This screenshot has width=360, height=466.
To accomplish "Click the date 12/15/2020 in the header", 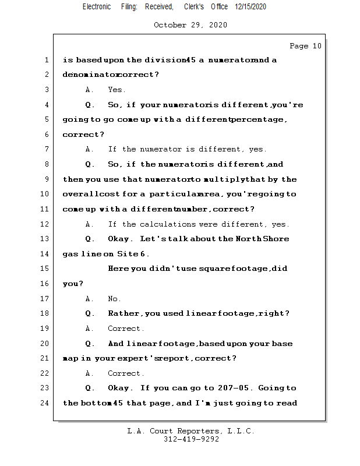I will click(251, 6).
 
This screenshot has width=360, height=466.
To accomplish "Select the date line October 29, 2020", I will click(190, 25).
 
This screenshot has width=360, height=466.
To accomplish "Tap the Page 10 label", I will click(305, 46).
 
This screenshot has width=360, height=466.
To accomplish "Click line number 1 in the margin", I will click(45, 60).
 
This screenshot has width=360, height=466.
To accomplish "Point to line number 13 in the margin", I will click(45, 239).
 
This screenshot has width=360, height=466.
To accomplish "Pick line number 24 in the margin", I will click(45, 403).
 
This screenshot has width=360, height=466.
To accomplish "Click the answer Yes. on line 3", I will click(117, 90).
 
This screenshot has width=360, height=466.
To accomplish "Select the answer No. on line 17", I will click(114, 299).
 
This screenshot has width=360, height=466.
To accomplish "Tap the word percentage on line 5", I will click(258, 119).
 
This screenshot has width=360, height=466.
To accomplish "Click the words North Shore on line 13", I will click(262, 239).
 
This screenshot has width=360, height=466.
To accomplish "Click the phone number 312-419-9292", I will click(191, 440).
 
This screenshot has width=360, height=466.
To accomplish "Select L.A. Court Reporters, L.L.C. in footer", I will click(191, 432).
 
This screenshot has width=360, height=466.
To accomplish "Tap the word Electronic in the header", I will click(97, 6).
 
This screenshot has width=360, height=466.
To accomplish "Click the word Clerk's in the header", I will click(194, 6).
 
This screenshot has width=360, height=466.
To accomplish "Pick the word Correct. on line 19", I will click(126, 329).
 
